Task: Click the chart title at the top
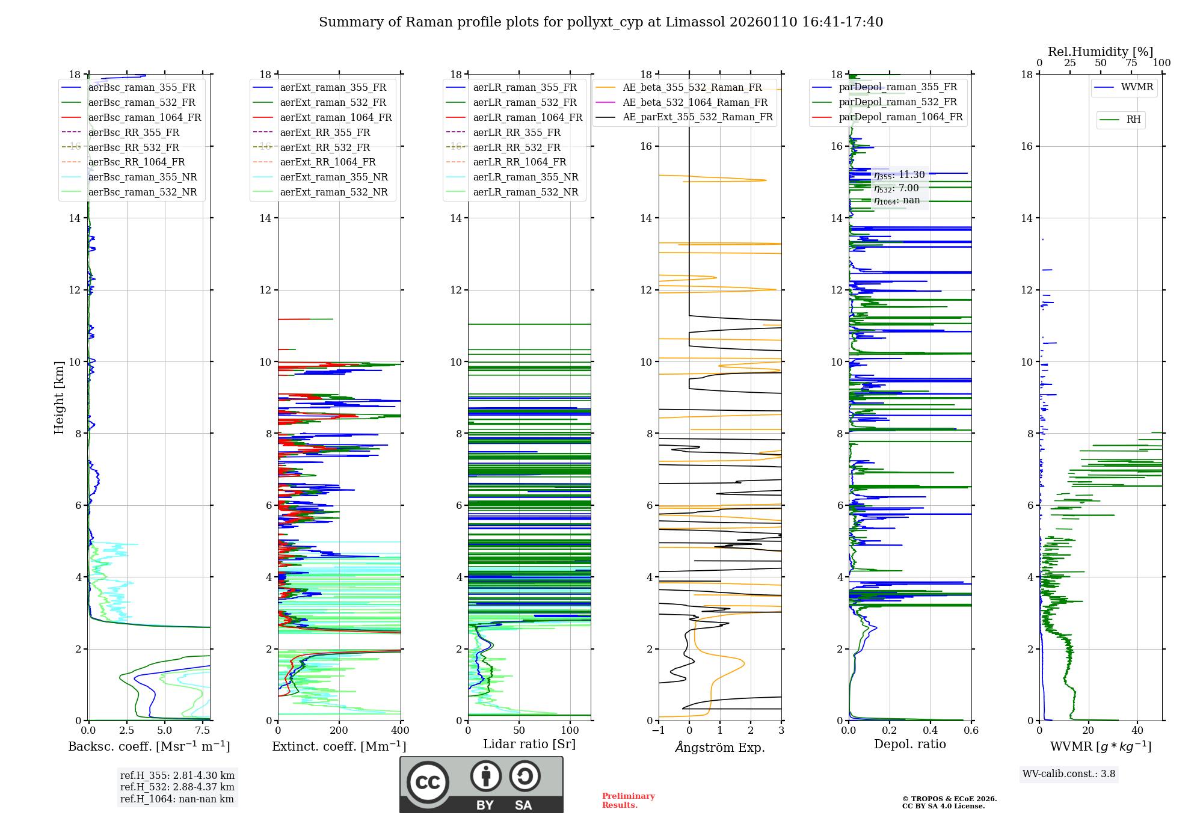pyautogui.click(x=601, y=22)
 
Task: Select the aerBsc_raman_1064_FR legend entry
pyautogui.click(x=144, y=117)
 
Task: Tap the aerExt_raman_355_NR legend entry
pyautogui.click(x=334, y=177)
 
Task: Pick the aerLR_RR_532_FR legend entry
pyautogui.click(x=516, y=147)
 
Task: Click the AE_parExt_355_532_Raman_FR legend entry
pyautogui.click(x=697, y=117)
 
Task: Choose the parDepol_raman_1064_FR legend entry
pyautogui.click(x=900, y=117)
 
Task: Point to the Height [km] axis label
pyautogui.click(x=59, y=397)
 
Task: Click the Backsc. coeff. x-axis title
pyautogui.click(x=149, y=746)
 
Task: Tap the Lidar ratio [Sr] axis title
pyautogui.click(x=529, y=744)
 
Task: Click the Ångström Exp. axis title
pyautogui.click(x=720, y=747)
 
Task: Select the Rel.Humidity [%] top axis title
pyautogui.click(x=1100, y=52)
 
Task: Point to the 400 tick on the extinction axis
pyautogui.click(x=400, y=731)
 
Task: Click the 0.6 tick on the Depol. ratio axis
pyautogui.click(x=971, y=731)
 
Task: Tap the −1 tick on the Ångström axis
pyautogui.click(x=659, y=731)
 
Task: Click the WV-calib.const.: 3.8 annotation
pyautogui.click(x=1069, y=774)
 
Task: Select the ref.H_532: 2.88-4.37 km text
pyautogui.click(x=177, y=787)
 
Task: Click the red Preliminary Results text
pyautogui.click(x=628, y=801)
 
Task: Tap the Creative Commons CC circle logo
pyautogui.click(x=428, y=783)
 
